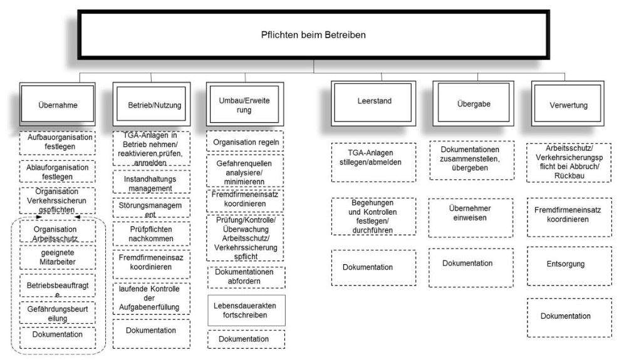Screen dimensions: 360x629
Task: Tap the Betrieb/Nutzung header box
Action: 150,105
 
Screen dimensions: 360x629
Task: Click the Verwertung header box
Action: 567,105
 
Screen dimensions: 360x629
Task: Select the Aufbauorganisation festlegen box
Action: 57,142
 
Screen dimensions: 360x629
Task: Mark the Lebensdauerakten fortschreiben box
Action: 246,310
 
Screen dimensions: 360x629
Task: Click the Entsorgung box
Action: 565,264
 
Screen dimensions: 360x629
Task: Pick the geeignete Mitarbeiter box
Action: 57,257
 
